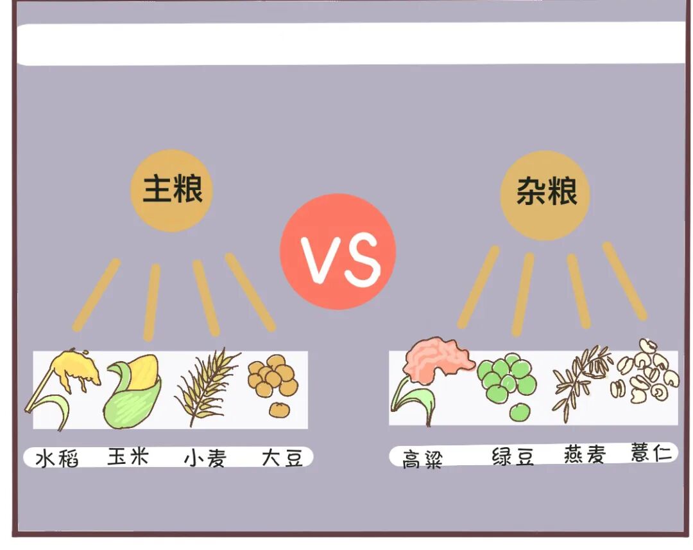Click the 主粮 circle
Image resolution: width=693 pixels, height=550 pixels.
tap(171, 190)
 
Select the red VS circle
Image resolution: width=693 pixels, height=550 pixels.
tap(338, 251)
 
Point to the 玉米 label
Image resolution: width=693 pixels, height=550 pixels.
tap(128, 457)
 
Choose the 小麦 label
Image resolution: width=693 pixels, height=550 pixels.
tap(205, 458)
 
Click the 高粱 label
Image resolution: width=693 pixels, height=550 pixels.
tap(423, 459)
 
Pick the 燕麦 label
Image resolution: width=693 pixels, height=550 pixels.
tap(583, 455)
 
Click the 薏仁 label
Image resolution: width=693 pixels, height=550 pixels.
tap(651, 453)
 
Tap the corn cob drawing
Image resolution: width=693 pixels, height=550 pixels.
tap(133, 391)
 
